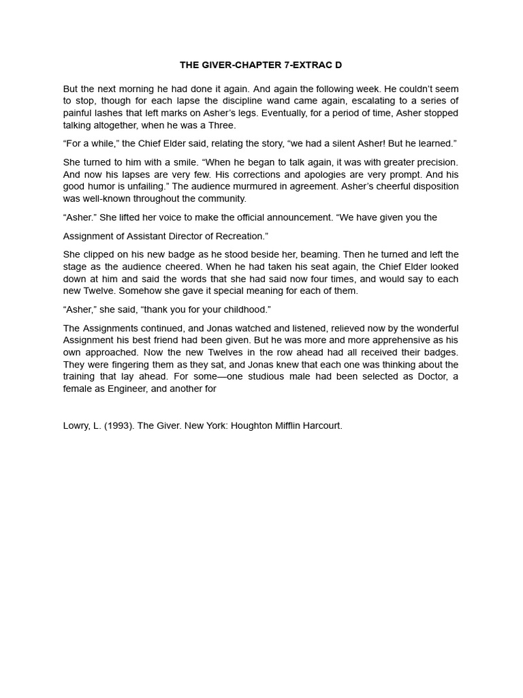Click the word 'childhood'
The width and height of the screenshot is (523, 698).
[244, 309]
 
